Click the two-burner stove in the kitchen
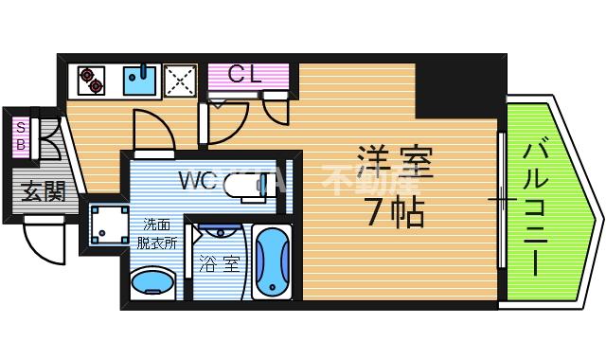[91, 80]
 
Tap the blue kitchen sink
[140, 80]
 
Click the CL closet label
[244, 74]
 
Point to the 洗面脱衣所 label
[159, 233]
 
